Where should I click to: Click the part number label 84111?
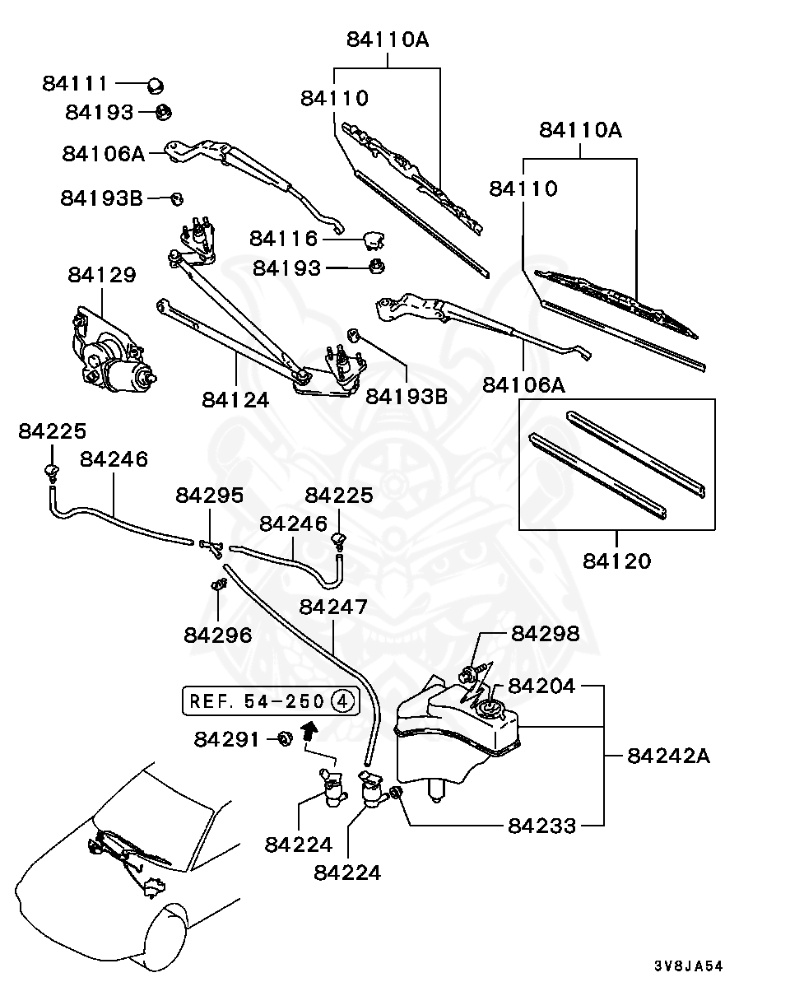tap(75, 84)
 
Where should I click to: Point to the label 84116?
tap(284, 239)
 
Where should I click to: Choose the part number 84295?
tap(209, 496)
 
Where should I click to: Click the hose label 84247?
tap(333, 607)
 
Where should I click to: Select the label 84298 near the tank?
tap(545, 634)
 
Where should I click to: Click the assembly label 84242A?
tap(667, 756)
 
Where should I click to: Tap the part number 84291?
tap(228, 739)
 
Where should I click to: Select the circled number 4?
tap(343, 701)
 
